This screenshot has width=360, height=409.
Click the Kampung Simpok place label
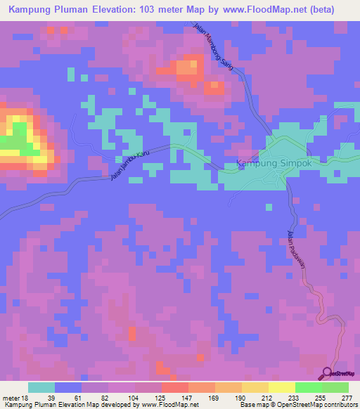tap(273, 164)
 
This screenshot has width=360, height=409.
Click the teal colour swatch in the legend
tap(41, 387)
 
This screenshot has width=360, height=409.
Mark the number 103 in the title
tap(161, 10)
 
